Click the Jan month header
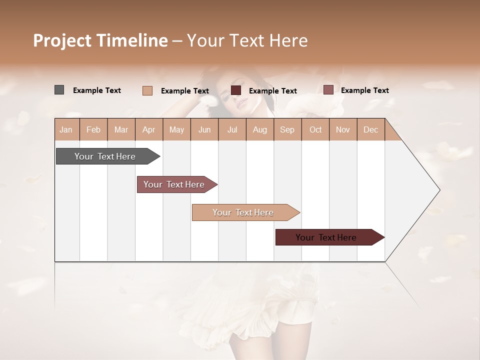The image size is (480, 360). [x=66, y=129]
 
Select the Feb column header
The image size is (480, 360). [x=93, y=129]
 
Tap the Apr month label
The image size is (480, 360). [x=148, y=129]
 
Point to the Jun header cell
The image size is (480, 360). [x=204, y=129]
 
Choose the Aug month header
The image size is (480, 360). [x=259, y=129]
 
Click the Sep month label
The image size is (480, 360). [x=287, y=129]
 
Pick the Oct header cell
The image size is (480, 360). [x=315, y=129]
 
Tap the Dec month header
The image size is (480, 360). [x=370, y=129]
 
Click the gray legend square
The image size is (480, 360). [x=59, y=90]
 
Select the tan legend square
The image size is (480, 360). [x=147, y=90]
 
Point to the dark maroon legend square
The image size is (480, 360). [x=236, y=90]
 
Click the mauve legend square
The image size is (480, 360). [x=328, y=90]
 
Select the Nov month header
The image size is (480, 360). [x=343, y=129]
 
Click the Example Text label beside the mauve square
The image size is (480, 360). [x=364, y=90]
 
